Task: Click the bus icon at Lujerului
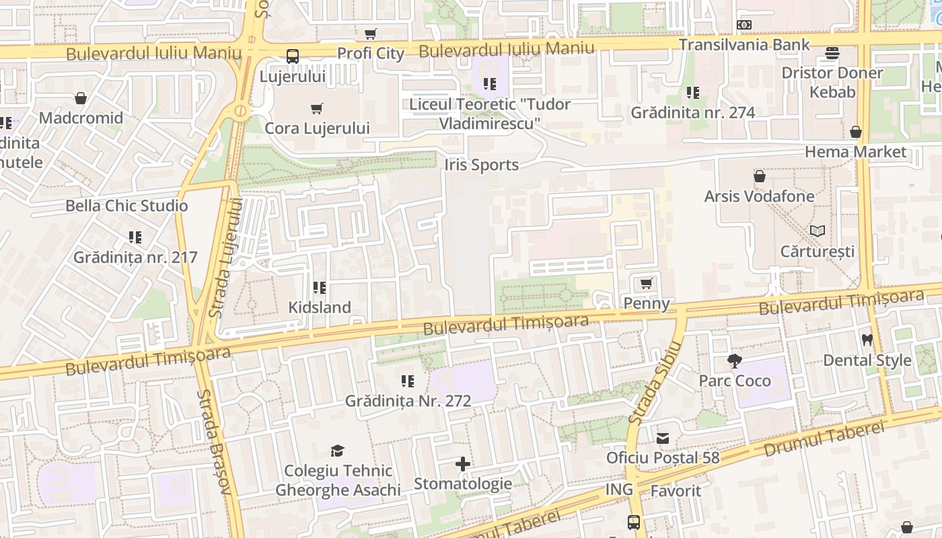coord(293,56)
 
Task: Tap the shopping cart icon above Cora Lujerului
coord(317,108)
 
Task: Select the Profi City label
coord(371,54)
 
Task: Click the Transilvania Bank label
coord(744,44)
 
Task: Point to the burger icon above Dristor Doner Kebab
coord(832,53)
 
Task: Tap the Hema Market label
coord(856,152)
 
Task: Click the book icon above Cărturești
coord(818,231)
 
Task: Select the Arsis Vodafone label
coord(759,196)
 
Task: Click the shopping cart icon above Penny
coord(647,284)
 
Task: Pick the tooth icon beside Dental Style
coord(867,341)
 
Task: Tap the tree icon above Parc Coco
coord(735,361)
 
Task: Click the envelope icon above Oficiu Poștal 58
coord(663,438)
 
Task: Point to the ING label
coord(619,489)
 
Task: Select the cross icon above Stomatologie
coord(463,464)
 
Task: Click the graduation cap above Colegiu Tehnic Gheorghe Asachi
coord(337,451)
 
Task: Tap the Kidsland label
coord(320,307)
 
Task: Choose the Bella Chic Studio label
coord(126,206)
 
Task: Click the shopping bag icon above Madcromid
coord(81,99)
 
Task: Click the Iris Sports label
coord(482,165)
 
